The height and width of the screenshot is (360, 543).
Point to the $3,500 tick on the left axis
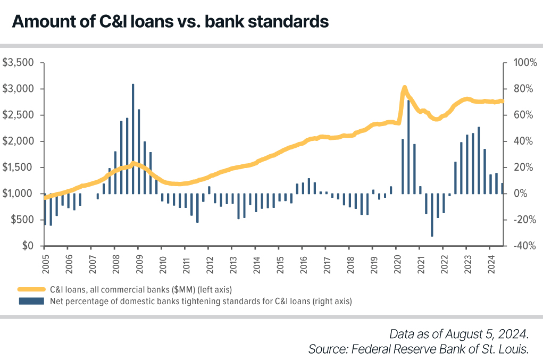tap(19, 63)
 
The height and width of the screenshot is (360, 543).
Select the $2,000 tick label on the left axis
tap(19, 141)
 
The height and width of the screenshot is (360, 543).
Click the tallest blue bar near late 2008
tap(133, 138)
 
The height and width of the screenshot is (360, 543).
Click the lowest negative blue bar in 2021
tap(432, 215)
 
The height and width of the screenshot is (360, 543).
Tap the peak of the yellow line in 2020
tap(404, 87)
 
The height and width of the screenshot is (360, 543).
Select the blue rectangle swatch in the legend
tap(31, 301)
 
